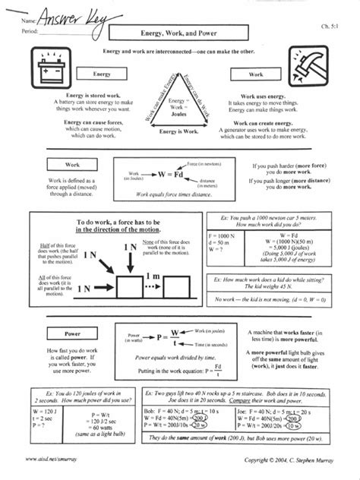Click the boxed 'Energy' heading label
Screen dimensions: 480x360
[x=102, y=74]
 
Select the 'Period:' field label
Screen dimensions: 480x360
[x=31, y=30]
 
